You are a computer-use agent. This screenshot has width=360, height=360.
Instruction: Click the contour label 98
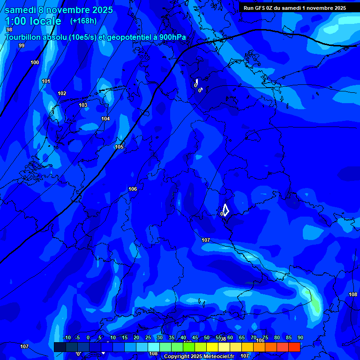9,30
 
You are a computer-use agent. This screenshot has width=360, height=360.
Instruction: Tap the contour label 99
22,45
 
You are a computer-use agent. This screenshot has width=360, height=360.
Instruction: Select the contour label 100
35,62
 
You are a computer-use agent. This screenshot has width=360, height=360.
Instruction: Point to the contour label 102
62,93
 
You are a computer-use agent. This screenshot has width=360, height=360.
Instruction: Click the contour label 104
105,119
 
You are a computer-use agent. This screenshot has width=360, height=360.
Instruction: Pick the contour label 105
119,147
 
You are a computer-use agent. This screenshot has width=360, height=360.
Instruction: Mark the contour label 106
133,189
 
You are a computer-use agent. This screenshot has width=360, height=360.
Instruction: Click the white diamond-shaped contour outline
225,210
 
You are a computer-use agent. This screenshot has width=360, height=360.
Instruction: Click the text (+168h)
83,21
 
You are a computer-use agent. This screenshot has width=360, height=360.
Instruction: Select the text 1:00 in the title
16,21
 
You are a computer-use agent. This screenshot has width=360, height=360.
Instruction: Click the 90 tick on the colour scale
300,337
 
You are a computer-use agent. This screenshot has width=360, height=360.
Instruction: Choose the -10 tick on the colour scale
67,337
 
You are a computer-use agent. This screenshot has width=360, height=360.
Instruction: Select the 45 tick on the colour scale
195,337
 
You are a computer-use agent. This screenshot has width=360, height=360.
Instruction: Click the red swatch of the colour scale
294,347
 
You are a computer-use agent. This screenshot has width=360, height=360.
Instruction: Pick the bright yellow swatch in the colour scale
212,347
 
